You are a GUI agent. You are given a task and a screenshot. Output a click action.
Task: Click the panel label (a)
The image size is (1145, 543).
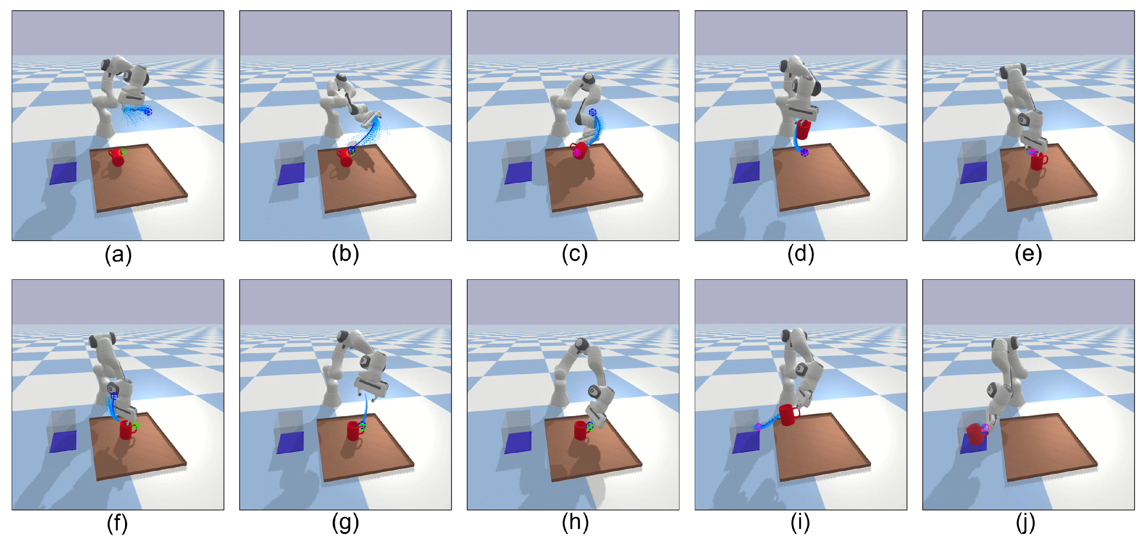(x=118, y=255)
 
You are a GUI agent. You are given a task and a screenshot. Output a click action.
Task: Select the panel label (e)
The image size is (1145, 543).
(x=1028, y=255)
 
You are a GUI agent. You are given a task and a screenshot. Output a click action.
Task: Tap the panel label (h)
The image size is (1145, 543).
(x=575, y=523)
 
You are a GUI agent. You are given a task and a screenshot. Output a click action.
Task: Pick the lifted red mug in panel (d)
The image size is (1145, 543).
(x=803, y=129)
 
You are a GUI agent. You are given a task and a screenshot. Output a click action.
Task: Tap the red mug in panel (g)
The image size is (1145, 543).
(x=353, y=431)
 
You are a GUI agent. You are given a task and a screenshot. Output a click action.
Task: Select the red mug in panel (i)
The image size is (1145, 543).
(x=788, y=414)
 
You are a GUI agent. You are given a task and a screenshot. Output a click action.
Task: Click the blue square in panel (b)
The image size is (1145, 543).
(x=291, y=173)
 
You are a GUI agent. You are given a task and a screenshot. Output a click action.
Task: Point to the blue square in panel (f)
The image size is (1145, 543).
(x=63, y=441)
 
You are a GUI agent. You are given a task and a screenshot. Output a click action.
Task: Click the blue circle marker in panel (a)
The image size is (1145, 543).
(x=148, y=111)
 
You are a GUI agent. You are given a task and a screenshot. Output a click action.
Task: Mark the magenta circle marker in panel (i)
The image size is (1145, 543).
(x=758, y=427)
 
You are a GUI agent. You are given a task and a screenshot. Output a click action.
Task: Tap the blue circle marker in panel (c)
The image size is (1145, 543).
(x=592, y=112)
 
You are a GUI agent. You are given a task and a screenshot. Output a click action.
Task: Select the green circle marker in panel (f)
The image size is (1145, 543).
(x=135, y=426)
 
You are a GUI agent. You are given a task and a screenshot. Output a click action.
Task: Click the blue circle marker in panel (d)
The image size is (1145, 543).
(x=805, y=153)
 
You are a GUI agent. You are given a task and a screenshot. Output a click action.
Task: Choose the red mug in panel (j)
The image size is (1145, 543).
(x=974, y=434)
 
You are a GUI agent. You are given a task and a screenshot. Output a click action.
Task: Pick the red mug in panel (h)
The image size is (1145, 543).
(x=581, y=430)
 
